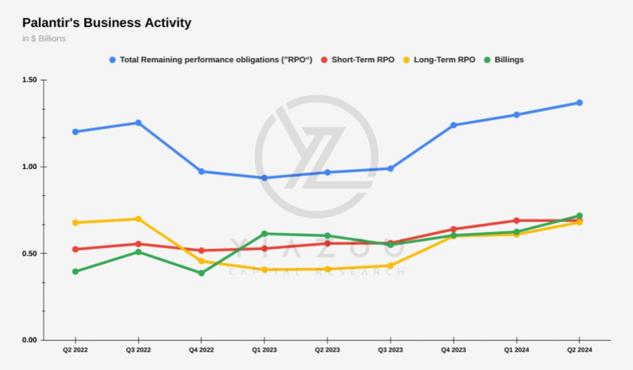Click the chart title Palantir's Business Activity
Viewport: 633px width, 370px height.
pyautogui.click(x=107, y=23)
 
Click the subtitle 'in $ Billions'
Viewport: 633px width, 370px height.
pyautogui.click(x=44, y=39)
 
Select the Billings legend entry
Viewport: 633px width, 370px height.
pyautogui.click(x=503, y=59)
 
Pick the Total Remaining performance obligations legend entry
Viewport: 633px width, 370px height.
pyautogui.click(x=210, y=59)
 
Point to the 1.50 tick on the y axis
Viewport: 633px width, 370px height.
pyautogui.click(x=29, y=80)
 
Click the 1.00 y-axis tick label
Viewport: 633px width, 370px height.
pyautogui.click(x=29, y=167)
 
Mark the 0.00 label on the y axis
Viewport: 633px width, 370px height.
pyautogui.click(x=29, y=340)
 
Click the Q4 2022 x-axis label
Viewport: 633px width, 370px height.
pyautogui.click(x=201, y=350)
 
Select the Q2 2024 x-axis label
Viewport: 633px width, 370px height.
pyautogui.click(x=579, y=350)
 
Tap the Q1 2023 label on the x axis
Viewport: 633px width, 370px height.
pyautogui.click(x=264, y=350)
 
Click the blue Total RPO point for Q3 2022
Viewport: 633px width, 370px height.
pyautogui.click(x=138, y=123)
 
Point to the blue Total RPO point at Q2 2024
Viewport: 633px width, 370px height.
pyautogui.click(x=579, y=103)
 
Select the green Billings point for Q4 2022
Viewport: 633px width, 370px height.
pyautogui.click(x=201, y=273)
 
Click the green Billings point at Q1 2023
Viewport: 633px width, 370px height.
pyautogui.click(x=264, y=234)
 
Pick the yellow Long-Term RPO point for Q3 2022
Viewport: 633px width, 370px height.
pyautogui.click(x=138, y=219)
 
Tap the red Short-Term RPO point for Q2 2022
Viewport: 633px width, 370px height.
pyautogui.click(x=75, y=249)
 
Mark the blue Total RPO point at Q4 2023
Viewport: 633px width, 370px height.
pyautogui.click(x=453, y=125)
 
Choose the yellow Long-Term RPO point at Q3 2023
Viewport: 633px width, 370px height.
pyautogui.click(x=390, y=265)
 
